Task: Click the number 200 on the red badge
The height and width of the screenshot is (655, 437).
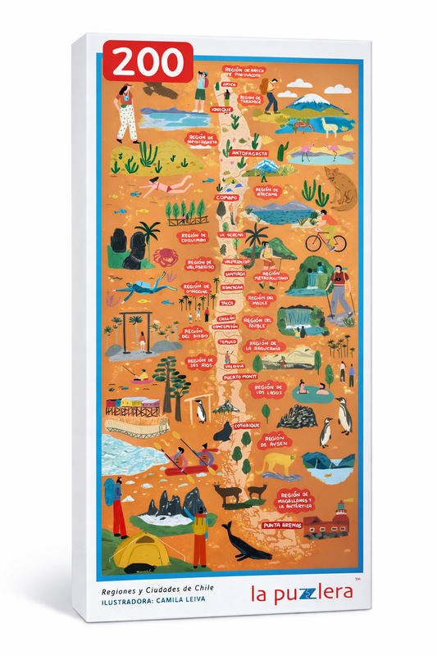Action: pos(148,62)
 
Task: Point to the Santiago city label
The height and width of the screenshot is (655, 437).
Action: pos(233,273)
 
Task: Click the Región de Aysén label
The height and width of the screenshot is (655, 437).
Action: pos(275,441)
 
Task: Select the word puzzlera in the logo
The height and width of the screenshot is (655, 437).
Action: pos(302,594)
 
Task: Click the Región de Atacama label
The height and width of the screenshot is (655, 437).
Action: pos(268,194)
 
